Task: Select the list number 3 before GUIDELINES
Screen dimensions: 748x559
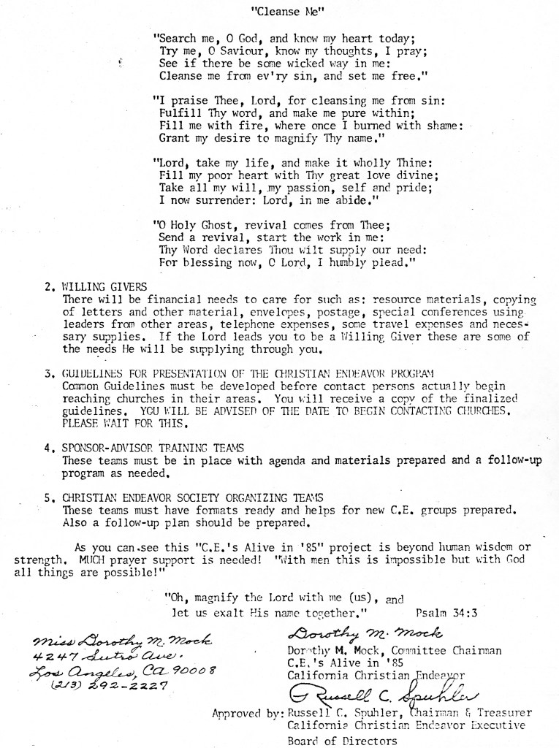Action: tap(47, 373)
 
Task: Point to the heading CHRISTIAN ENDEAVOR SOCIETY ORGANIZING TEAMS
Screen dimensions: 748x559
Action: tap(194, 497)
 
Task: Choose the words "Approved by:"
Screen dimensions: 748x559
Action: tap(246, 712)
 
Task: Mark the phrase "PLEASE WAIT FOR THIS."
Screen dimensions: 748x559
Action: tap(125, 423)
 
